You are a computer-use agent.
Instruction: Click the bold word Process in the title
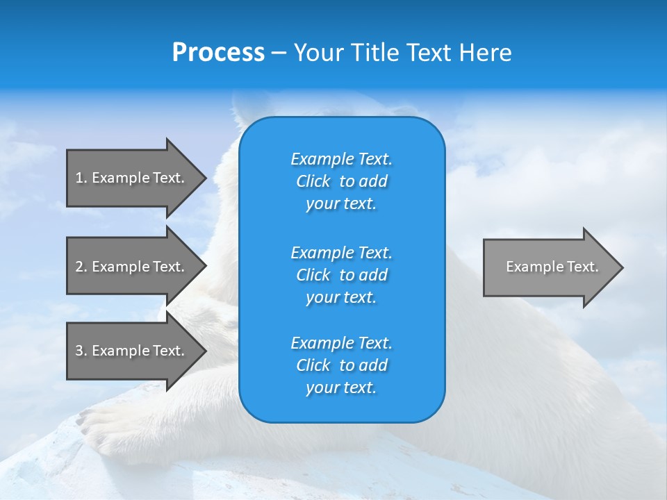(218, 53)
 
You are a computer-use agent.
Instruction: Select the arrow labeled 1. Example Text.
(129, 178)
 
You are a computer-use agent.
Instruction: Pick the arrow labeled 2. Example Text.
(129, 267)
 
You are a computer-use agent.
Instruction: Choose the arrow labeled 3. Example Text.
(129, 351)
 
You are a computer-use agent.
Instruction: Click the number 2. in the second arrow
(81, 267)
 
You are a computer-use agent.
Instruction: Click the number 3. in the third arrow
(81, 351)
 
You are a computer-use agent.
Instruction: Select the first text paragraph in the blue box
(341, 181)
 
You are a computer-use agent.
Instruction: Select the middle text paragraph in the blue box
(341, 275)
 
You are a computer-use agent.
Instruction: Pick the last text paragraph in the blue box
(341, 365)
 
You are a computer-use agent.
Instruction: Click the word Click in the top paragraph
(313, 182)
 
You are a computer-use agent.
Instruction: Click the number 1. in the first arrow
(81, 178)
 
